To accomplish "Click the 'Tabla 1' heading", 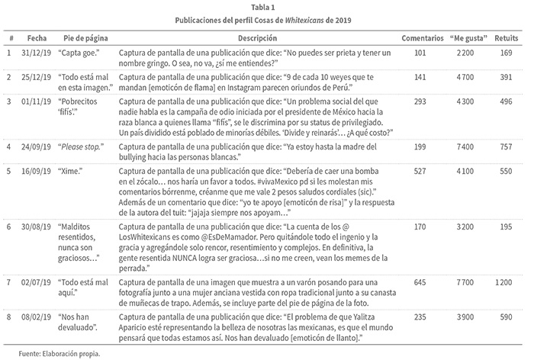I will [267, 6].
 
